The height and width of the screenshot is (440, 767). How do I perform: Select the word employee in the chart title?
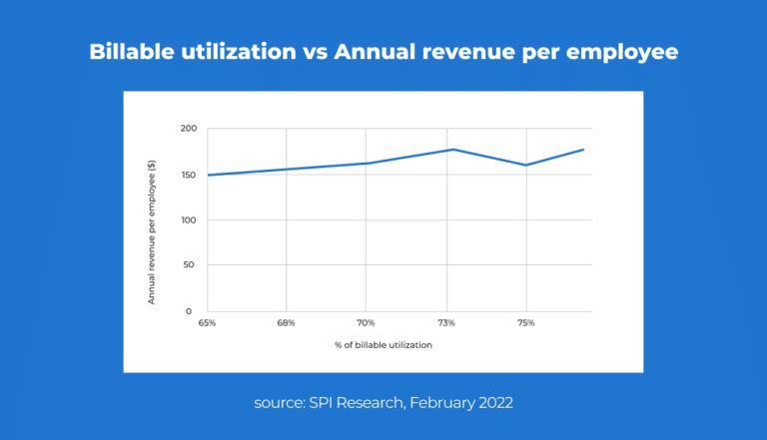click(623, 52)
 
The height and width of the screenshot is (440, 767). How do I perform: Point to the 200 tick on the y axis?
click(187, 129)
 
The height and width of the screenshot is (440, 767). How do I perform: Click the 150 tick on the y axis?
click(187, 175)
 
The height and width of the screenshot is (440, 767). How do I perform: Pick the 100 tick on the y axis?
click(187, 220)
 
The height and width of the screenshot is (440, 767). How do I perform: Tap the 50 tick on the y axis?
click(189, 265)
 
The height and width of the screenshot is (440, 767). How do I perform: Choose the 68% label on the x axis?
click(287, 323)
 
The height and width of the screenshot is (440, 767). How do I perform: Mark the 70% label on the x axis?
click(366, 323)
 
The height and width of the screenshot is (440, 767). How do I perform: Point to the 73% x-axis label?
click(446, 323)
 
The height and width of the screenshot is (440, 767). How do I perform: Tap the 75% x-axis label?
click(526, 323)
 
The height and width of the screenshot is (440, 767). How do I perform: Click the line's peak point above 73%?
click(452, 150)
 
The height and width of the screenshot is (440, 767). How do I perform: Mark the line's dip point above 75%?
click(526, 165)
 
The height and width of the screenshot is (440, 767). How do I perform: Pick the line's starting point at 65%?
click(207, 175)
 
